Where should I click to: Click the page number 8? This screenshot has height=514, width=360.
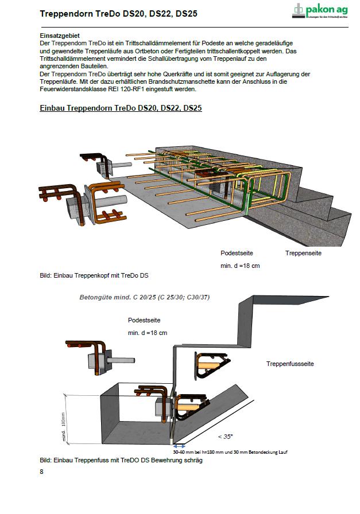click(42, 472)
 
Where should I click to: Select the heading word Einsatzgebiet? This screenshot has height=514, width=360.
click(59, 36)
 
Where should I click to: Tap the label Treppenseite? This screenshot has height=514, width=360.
click(303, 253)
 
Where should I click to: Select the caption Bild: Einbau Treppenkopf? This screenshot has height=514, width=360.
click(94, 276)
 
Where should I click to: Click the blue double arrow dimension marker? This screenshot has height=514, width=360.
click(179, 446)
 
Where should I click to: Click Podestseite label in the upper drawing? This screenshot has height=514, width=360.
click(237, 253)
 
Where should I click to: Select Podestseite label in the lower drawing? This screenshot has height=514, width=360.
click(144, 320)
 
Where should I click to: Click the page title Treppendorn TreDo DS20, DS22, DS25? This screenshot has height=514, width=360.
click(118, 13)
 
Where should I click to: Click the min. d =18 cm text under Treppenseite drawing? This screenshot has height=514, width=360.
click(240, 266)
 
